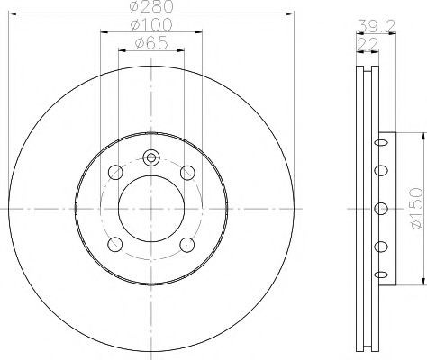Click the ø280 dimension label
(151, 6)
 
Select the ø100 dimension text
(151, 24)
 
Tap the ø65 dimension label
(151, 42)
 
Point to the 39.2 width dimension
(377, 26)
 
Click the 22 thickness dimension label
(367, 45)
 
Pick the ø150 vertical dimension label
(417, 209)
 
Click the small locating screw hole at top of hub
(151, 157)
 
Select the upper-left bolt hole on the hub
(115, 173)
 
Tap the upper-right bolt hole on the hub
(187, 173)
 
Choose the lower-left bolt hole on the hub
(115, 245)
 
